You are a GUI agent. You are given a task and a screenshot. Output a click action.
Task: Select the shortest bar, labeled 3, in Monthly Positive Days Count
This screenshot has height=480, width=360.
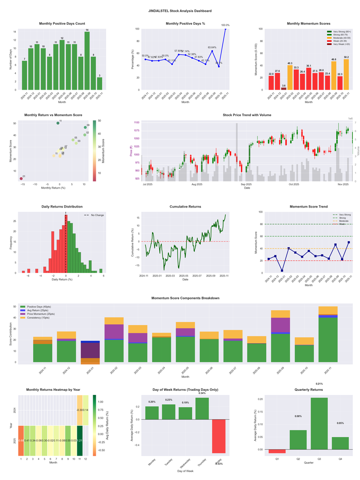pos(99,84)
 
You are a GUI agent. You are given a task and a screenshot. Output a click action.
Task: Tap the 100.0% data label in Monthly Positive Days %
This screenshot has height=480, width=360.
pos(225,25)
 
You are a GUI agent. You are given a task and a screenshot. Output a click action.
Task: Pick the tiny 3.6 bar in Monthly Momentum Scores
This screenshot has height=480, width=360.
pos(283,89)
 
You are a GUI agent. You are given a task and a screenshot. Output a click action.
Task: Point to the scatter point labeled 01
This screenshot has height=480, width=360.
pos(21,179)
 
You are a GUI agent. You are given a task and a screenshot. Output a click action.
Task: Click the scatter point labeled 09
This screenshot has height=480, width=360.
pos(85,127)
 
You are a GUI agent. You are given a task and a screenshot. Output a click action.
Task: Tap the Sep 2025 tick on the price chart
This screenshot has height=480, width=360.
pos(246,184)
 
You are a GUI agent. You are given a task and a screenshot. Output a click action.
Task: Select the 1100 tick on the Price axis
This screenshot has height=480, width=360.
pos(136,122)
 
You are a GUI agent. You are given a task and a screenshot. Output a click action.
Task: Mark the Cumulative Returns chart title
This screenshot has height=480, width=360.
pos(185,207)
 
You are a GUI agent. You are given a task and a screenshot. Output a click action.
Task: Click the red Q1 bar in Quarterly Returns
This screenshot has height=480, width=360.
pos(277,451)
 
